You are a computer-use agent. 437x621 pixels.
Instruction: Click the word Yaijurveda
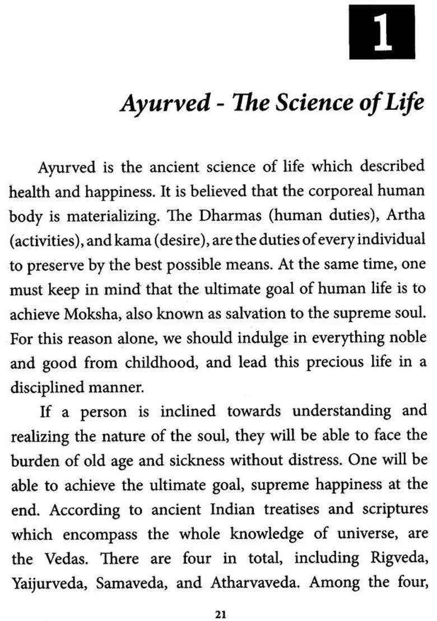click(48, 583)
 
